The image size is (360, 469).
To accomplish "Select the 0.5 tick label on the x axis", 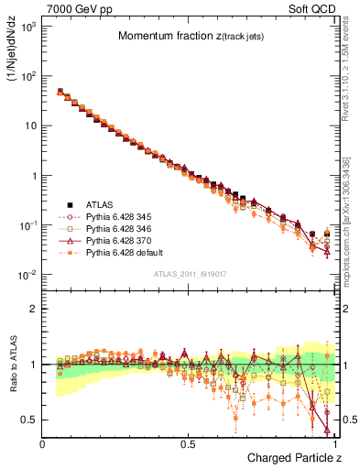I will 188,443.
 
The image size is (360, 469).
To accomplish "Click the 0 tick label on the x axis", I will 43,443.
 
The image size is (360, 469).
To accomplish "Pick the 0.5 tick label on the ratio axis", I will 29,420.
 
